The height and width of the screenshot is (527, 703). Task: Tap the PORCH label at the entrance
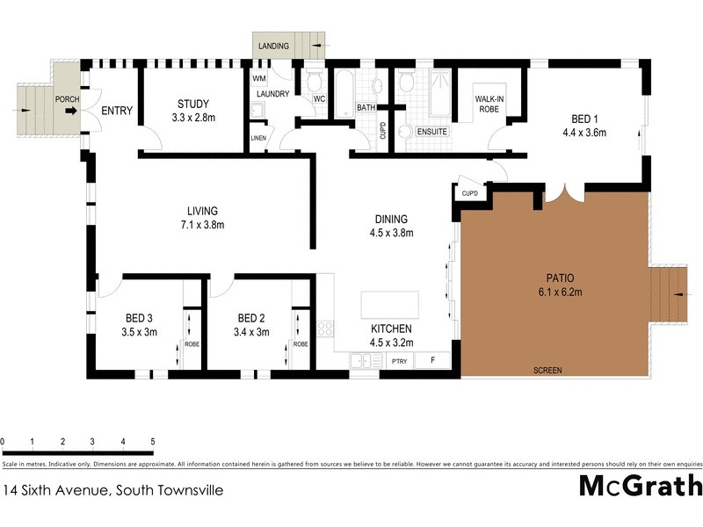(67, 99)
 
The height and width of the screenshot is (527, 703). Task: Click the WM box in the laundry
(259, 79)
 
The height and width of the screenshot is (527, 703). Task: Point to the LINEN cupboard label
(257, 138)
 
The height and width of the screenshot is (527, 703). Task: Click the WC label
(319, 98)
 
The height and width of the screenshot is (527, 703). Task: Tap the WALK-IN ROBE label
(489, 105)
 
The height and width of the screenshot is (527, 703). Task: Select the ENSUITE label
(433, 132)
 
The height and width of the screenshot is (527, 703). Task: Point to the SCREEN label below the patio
(547, 371)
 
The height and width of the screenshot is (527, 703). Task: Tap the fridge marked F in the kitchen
(431, 360)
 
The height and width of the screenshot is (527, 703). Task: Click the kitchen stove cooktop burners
(325, 329)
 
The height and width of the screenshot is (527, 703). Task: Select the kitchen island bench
(389, 305)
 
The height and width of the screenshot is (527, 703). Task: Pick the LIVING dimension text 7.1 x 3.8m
(201, 224)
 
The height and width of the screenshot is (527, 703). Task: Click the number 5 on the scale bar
(153, 441)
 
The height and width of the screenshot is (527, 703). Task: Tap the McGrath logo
(640, 486)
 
